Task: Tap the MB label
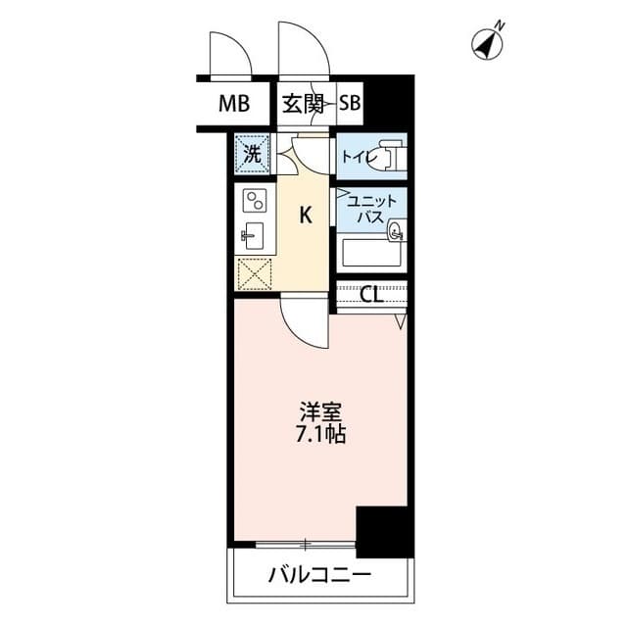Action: (234, 104)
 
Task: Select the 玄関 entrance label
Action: (303, 104)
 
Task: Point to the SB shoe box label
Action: (350, 104)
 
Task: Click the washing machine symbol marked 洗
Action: (252, 154)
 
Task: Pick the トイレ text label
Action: (357, 156)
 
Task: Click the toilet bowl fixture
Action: (391, 155)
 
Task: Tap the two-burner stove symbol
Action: (255, 201)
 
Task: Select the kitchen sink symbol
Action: (253, 235)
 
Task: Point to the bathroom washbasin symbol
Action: (395, 232)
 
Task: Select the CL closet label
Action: (371, 295)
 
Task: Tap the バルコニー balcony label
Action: (319, 574)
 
